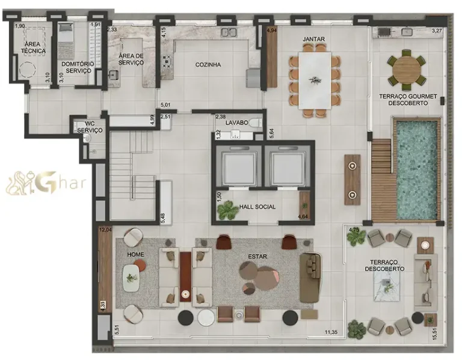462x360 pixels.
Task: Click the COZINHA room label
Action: pyautogui.click(x=208, y=64)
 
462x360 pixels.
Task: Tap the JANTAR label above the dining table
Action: pyautogui.click(x=313, y=39)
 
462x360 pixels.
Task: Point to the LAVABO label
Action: pyautogui.click(x=236, y=122)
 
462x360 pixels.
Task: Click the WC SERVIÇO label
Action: pyautogui.click(x=89, y=127)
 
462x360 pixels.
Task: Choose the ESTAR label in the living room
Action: pyautogui.click(x=257, y=257)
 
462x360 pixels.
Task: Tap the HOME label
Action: pyautogui.click(x=135, y=254)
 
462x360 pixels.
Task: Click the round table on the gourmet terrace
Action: pyautogui.click(x=406, y=70)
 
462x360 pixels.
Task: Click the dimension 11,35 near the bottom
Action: pyautogui.click(x=331, y=332)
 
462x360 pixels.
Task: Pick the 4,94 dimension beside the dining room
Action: pyautogui.click(x=272, y=29)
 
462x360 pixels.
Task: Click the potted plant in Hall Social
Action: pyautogui.click(x=227, y=210)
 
